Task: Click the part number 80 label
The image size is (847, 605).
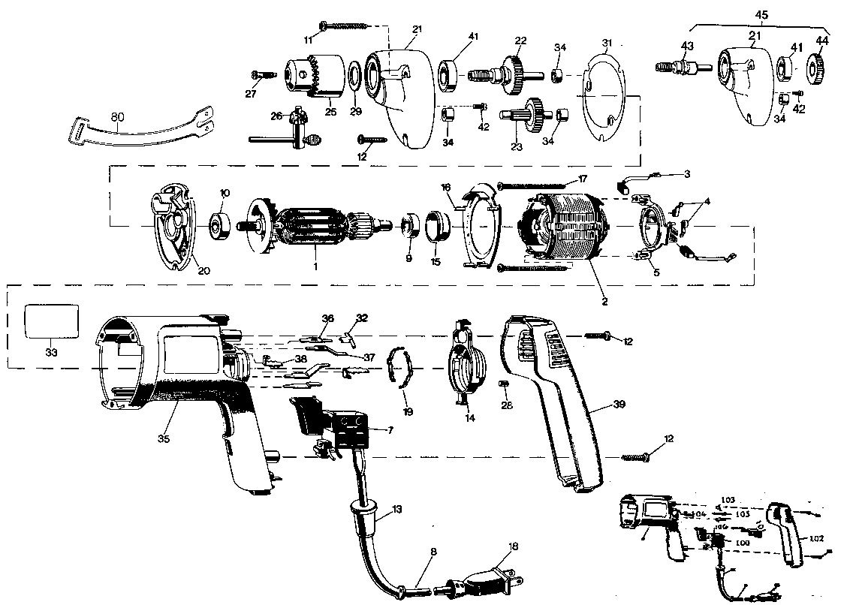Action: point(118,116)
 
